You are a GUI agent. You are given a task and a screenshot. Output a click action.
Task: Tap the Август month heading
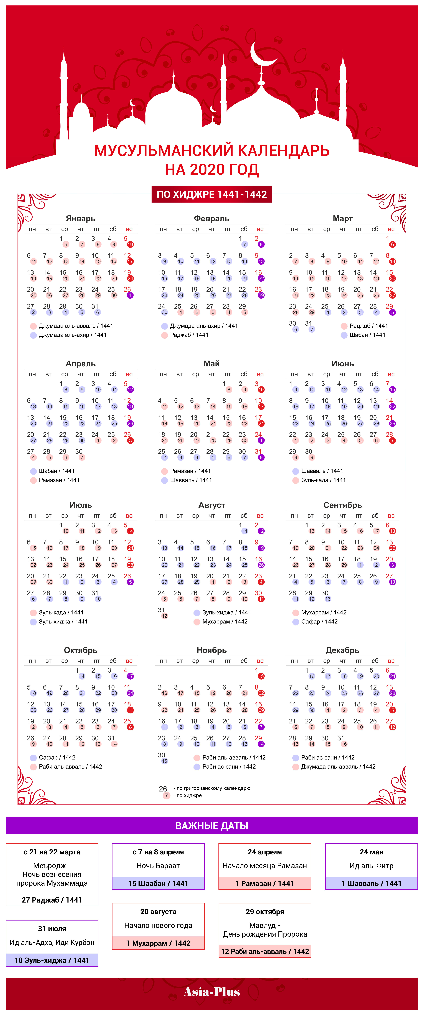coord(212,505)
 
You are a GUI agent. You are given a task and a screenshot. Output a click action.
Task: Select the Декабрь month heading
coord(343,650)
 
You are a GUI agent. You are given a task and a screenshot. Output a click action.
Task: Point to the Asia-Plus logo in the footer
coord(212,992)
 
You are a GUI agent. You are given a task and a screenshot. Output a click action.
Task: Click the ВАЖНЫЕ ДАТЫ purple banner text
coord(212,825)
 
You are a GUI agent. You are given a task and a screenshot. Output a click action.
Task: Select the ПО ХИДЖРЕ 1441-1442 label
coord(212,194)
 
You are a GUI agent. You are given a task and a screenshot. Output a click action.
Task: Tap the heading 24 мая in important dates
coord(371,852)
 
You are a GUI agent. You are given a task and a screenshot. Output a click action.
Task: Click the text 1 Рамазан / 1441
coord(265,883)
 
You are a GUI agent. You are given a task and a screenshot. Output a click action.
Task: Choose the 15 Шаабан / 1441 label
coord(158,883)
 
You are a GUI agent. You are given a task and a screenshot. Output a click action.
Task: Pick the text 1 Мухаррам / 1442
coord(158,943)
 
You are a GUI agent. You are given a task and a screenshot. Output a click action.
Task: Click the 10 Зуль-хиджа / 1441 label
coord(52,960)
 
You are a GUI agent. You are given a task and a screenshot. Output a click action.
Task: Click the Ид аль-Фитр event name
coord(371,866)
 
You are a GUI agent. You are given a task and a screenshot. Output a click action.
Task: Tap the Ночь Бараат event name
coord(158,866)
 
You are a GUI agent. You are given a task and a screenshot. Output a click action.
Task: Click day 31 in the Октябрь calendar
coord(111,738)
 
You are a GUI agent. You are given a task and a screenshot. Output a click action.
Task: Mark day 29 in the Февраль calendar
coord(242,306)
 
